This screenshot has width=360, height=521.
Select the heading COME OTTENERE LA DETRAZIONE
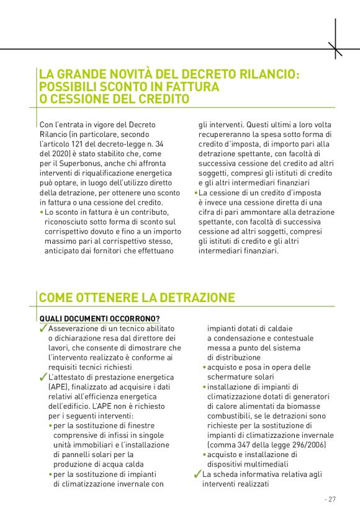pyautogui.click(x=137, y=298)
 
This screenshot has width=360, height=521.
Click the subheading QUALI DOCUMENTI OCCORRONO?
pyautogui.click(x=99, y=318)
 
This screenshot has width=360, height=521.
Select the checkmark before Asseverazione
pyautogui.click(x=43, y=328)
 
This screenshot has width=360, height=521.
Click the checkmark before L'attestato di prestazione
pyautogui.click(x=43, y=378)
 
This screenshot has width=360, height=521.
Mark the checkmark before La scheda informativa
pyautogui.click(x=198, y=474)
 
